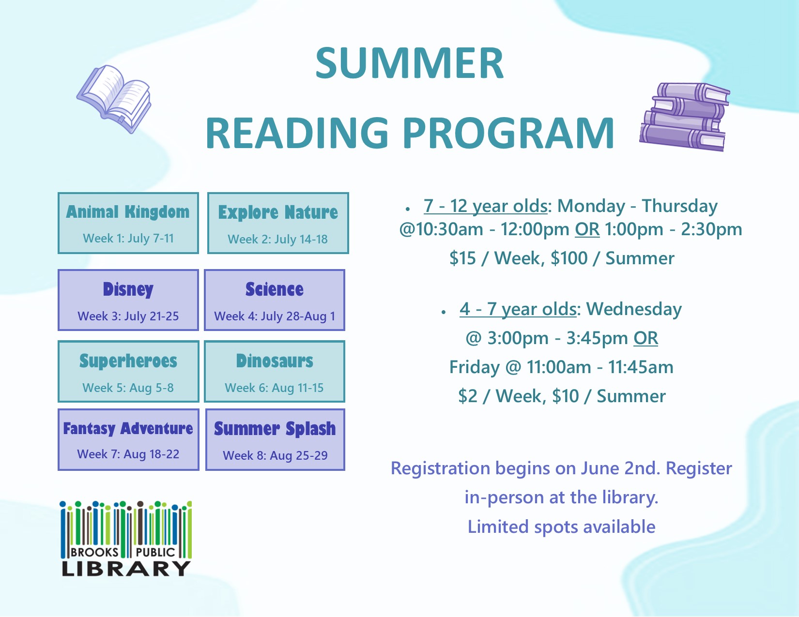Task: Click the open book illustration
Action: point(114,99)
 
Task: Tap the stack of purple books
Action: point(684,117)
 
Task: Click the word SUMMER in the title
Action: point(409,63)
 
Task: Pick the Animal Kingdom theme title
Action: point(128,212)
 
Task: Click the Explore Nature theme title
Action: point(278,212)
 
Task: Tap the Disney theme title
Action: point(128,290)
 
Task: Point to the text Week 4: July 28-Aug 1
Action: point(275,316)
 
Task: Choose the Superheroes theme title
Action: point(128,361)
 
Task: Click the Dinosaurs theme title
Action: point(275,361)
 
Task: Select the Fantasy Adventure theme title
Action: point(128,429)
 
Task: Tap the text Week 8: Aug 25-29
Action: point(275,456)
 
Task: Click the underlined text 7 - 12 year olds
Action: point(485,206)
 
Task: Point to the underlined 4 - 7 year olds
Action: point(518,309)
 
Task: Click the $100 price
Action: point(569,258)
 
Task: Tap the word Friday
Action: point(475,367)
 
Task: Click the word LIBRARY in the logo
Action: point(126,569)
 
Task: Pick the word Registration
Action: point(440,468)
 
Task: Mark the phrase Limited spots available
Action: point(561,527)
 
